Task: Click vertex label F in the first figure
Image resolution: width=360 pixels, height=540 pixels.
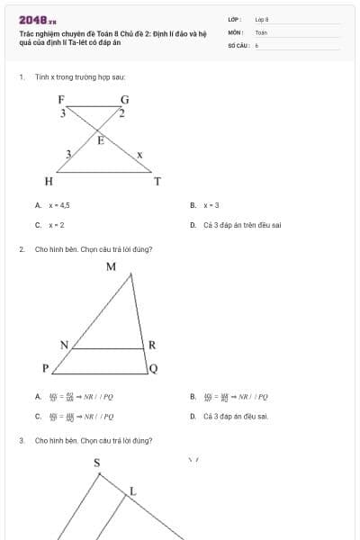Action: (61, 99)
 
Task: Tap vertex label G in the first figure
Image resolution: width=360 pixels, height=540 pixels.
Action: (124, 99)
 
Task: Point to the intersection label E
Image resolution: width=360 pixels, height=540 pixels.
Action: (100, 140)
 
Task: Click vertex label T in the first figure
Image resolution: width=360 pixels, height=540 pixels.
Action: (157, 182)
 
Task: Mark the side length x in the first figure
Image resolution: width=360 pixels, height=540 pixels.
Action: (139, 156)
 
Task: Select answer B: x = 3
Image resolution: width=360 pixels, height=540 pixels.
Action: (211, 205)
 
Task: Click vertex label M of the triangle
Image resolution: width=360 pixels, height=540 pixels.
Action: (111, 266)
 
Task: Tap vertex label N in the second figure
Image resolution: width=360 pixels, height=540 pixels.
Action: (64, 345)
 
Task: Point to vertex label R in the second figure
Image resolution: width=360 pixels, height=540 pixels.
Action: (152, 345)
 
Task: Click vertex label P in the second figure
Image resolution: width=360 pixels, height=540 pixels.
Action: (45, 368)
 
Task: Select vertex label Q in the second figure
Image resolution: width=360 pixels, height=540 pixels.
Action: (153, 368)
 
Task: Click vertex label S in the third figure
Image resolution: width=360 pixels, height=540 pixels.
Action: (97, 463)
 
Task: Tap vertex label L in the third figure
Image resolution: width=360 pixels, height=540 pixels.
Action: (132, 490)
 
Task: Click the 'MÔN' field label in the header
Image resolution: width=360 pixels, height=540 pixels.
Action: (235, 31)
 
